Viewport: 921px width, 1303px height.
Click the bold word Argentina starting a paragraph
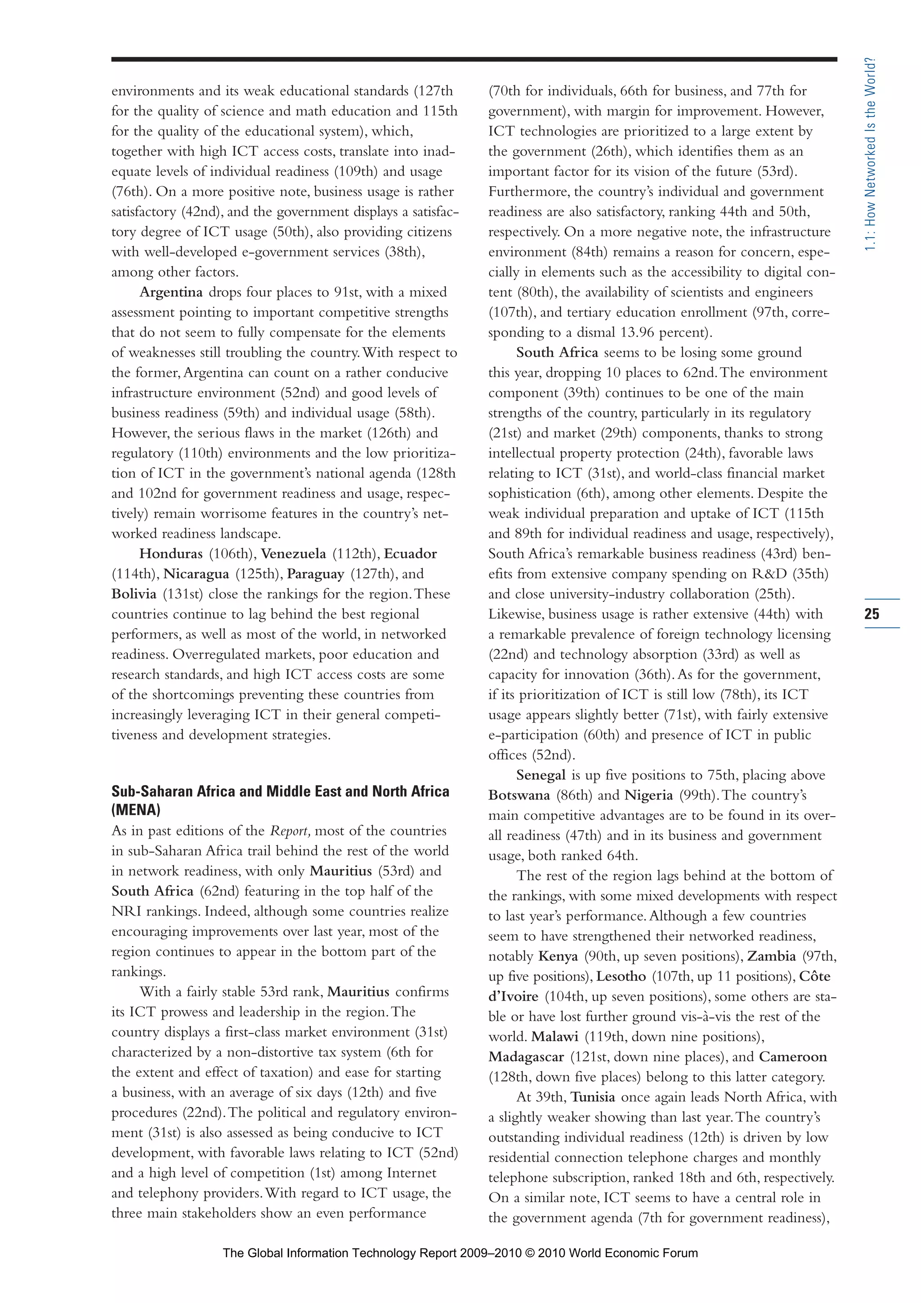pyautogui.click(x=171, y=292)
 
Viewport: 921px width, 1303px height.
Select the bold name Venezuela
pyautogui.click(x=293, y=554)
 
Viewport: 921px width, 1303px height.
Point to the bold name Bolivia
pyautogui.click(x=134, y=594)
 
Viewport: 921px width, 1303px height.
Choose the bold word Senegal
pyautogui.click(x=541, y=775)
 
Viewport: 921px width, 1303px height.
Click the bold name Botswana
pyautogui.click(x=519, y=795)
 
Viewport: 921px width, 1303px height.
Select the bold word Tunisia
pyautogui.click(x=593, y=1097)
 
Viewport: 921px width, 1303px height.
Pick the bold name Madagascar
pyautogui.click(x=526, y=1057)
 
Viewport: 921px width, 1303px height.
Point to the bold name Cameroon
pyautogui.click(x=793, y=1057)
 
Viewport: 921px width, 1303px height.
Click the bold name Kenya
pyautogui.click(x=558, y=956)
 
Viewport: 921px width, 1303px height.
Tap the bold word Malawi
pyautogui.click(x=554, y=1037)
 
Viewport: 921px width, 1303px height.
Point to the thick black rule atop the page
pyautogui.click(x=474, y=59)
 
